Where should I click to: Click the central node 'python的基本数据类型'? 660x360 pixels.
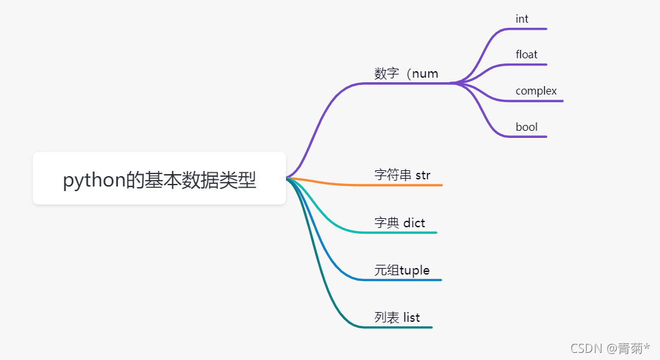click(159, 179)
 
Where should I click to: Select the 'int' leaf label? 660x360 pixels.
click(522, 19)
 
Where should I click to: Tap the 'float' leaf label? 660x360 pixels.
click(526, 54)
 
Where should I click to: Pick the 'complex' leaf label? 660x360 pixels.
click(536, 91)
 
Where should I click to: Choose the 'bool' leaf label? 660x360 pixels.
click(526, 127)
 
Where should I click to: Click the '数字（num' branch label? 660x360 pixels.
click(406, 73)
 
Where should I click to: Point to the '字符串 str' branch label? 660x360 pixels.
click(402, 175)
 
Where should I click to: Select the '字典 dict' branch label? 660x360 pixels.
click(399, 223)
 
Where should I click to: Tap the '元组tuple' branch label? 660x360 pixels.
click(402, 270)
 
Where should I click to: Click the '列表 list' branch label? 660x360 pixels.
click(397, 317)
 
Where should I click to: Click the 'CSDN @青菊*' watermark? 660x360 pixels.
click(610, 348)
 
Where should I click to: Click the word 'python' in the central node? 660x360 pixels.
click(93, 180)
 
